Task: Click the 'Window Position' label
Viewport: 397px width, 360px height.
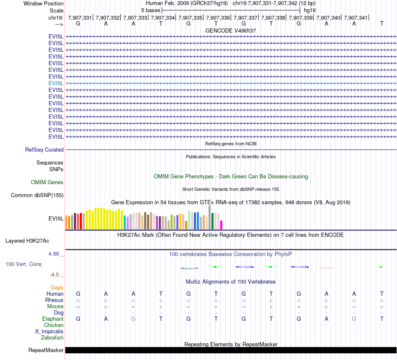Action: pos(43,3)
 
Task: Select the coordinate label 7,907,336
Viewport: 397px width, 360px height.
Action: pos(218,18)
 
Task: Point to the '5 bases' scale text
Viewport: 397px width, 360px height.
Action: pos(150,10)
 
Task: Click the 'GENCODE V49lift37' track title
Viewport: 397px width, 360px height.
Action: pos(231,31)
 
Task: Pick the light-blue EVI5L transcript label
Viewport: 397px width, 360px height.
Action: pos(56,83)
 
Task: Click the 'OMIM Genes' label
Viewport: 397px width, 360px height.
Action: pos(47,182)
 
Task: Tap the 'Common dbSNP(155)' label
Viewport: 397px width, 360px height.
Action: pos(37,195)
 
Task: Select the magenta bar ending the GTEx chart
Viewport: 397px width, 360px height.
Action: pos(221,225)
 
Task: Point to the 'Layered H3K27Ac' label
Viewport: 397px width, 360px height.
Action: pos(27,241)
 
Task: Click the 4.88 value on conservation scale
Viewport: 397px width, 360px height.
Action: pos(55,254)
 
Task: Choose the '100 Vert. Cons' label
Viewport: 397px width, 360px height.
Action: pos(23,264)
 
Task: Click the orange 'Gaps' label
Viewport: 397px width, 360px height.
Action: pos(57,287)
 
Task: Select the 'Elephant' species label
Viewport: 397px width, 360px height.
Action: pos(53,319)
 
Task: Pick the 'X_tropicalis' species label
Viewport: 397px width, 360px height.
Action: pos(49,331)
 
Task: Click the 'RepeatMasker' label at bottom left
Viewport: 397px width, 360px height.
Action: pos(46,350)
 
